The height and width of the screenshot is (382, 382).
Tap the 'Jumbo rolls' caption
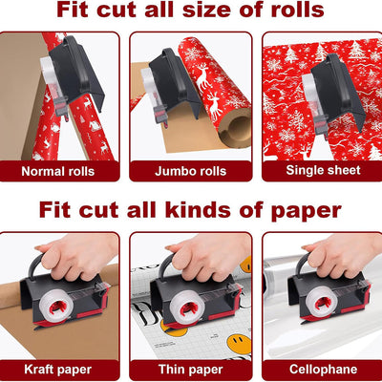[190, 172]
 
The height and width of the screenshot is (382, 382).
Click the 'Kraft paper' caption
[59, 368]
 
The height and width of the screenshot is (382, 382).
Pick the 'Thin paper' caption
[190, 368]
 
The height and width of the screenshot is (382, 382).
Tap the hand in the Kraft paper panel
[81, 256]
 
